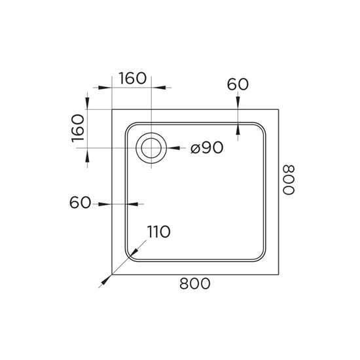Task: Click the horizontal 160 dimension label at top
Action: point(132,79)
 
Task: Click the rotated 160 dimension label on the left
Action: point(78,128)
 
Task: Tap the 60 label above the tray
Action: point(238,84)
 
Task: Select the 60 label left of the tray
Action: point(80,202)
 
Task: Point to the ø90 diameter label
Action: point(207,147)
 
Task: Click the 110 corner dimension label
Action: point(158,232)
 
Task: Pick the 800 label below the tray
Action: point(194,283)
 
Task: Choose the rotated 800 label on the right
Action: point(288,180)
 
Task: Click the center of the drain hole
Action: point(151,148)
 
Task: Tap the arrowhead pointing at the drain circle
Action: point(173,148)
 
